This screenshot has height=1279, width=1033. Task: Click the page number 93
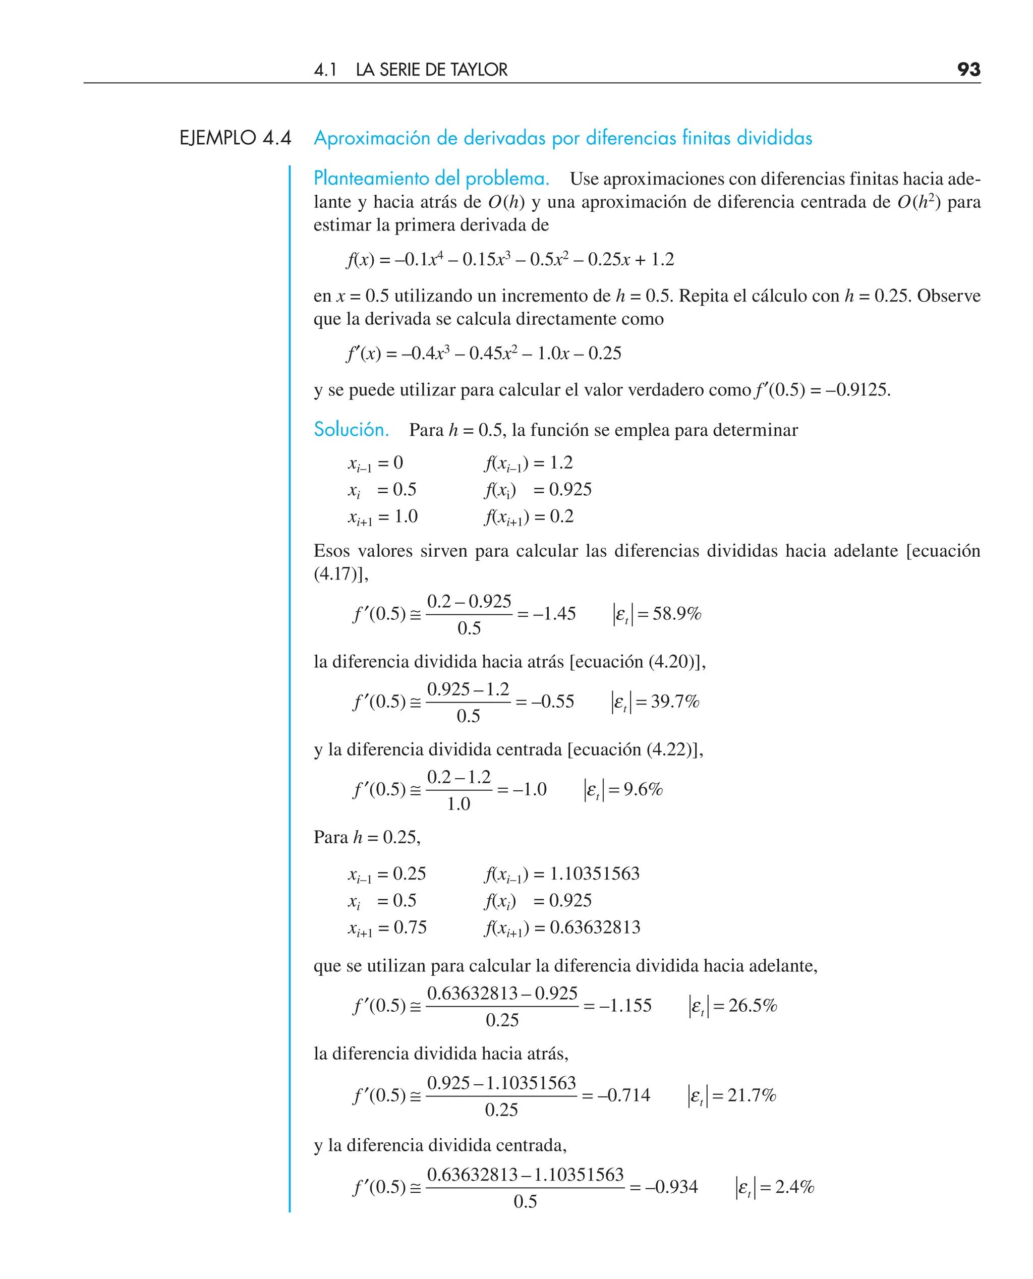point(968,70)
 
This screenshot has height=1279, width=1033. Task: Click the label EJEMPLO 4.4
point(235,138)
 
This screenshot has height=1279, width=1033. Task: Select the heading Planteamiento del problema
point(431,179)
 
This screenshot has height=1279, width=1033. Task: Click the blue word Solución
point(351,430)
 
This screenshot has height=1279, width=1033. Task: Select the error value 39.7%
point(675,702)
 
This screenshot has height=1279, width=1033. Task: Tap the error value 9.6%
point(643,789)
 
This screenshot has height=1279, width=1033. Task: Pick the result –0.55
point(553,702)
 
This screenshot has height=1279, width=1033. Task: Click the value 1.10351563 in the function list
point(594,874)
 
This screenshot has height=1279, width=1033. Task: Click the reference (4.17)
point(335,574)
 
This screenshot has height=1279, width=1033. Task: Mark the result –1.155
point(625,1005)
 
